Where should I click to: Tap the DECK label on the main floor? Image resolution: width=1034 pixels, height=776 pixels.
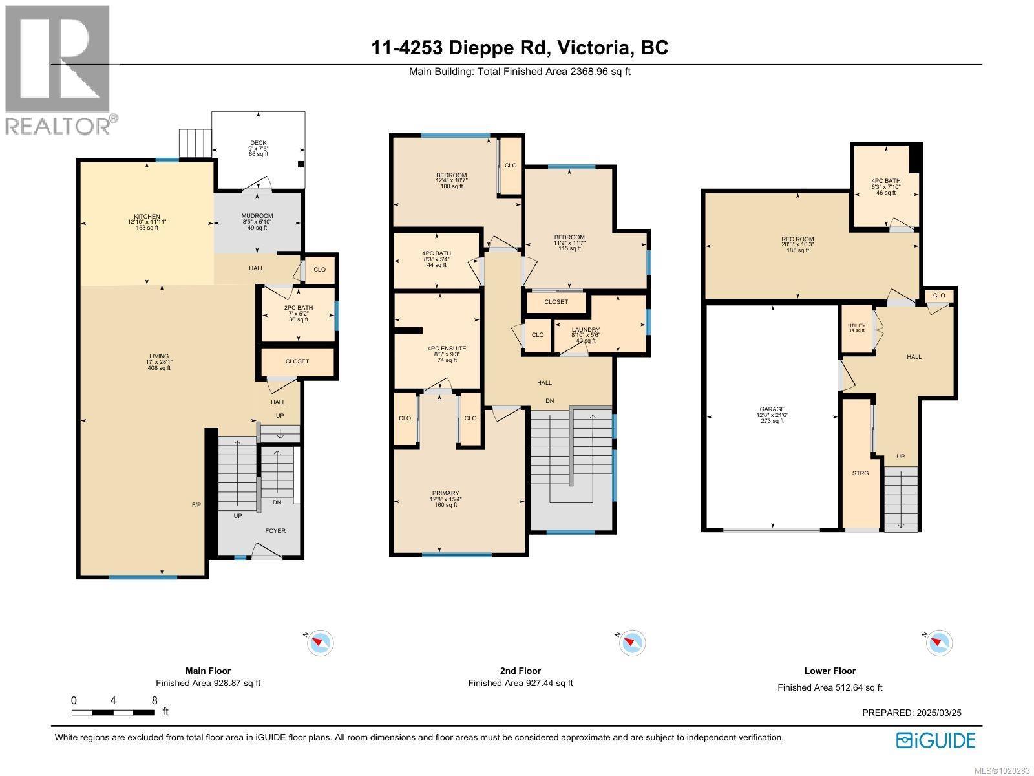pos(258,143)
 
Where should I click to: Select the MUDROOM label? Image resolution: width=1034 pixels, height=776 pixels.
pos(257,216)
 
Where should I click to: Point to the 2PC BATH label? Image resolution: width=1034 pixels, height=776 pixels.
pos(298,308)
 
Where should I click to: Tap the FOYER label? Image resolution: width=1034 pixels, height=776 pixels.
pos(275,531)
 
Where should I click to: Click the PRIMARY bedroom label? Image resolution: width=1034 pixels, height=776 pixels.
pos(445,493)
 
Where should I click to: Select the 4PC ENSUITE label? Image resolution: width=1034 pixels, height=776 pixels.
pos(447,349)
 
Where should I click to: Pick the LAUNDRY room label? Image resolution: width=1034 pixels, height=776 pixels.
pos(586,330)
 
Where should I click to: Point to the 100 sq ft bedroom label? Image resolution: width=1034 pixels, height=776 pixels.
pos(451,175)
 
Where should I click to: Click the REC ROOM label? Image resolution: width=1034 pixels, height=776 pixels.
pos(797,239)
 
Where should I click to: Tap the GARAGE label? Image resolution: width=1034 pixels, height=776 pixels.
pos(772,409)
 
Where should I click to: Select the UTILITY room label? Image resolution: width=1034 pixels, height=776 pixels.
pos(856,325)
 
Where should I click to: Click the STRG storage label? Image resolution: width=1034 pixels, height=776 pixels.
pos(860,473)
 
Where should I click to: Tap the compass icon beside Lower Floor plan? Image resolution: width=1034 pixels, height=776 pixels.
pos(938,643)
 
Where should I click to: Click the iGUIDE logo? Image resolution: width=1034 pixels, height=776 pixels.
pos(936,740)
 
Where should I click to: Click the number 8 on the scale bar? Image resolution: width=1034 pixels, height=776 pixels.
pos(154,700)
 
